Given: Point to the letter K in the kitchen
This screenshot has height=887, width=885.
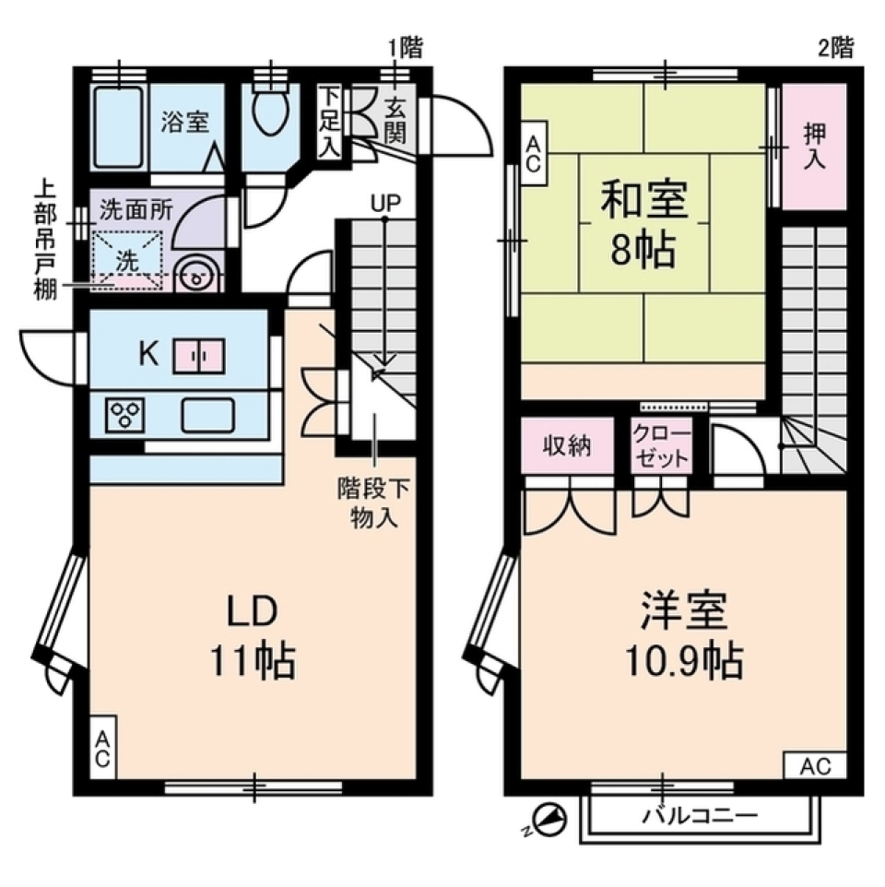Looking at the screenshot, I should coord(146,352).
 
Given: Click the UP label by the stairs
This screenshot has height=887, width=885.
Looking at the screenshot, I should coord(385,203).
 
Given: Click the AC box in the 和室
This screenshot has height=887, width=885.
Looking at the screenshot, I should coord(533,154).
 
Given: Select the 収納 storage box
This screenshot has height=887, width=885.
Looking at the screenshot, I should coord(566,446).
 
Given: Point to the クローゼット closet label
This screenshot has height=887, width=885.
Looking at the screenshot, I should coord(660,446).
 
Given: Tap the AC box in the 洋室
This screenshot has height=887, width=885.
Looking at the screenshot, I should coord(815,765).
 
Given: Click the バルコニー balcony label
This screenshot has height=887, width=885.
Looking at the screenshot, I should coord(700,816).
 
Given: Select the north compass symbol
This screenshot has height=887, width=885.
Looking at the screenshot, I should coord(548,820).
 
